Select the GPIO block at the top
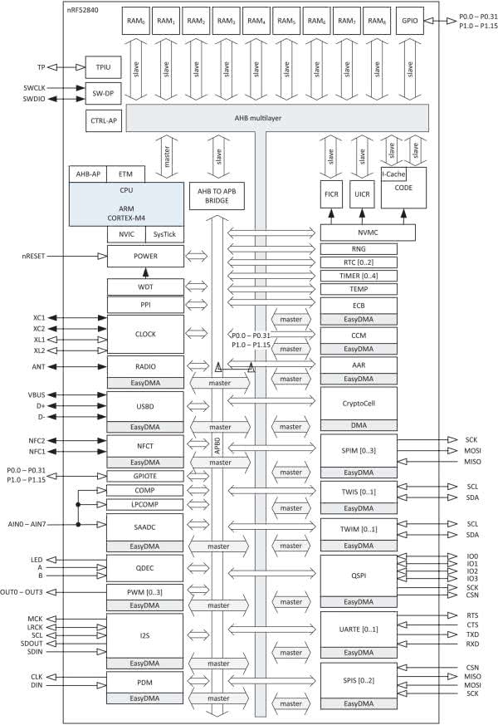click(407, 21)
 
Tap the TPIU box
click(104, 67)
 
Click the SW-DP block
click(104, 94)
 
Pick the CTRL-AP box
click(104, 121)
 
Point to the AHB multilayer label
click(266, 118)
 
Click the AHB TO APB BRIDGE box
click(218, 196)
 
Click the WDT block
click(145, 287)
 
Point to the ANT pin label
click(39, 366)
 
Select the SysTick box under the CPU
click(164, 233)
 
